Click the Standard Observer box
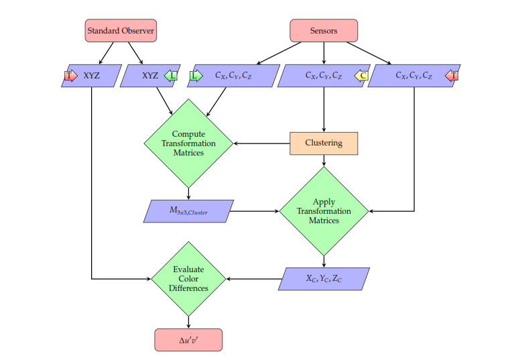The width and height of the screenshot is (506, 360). (121, 31)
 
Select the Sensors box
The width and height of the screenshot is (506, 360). (324, 31)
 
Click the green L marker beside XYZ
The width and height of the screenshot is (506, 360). (172, 76)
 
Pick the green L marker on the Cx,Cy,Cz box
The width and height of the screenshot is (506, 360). (196, 76)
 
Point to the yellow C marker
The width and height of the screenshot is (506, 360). (361, 76)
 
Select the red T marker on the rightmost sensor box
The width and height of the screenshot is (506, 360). (452, 76)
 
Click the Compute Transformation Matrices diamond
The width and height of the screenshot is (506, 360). (188, 143)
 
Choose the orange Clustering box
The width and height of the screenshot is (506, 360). (324, 143)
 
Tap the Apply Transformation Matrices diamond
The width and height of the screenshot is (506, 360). (324, 211)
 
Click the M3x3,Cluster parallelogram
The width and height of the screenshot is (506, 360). (188, 211)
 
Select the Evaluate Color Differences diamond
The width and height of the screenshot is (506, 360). (188, 278)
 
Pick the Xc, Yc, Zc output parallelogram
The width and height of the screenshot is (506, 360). (324, 279)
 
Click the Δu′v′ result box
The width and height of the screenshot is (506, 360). (188, 340)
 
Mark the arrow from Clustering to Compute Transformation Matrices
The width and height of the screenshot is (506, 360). (261, 143)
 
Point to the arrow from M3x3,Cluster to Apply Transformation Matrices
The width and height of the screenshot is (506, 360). (255, 211)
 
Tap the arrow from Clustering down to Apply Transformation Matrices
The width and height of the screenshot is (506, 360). (324, 160)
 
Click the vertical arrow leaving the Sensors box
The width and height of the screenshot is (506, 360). (324, 53)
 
